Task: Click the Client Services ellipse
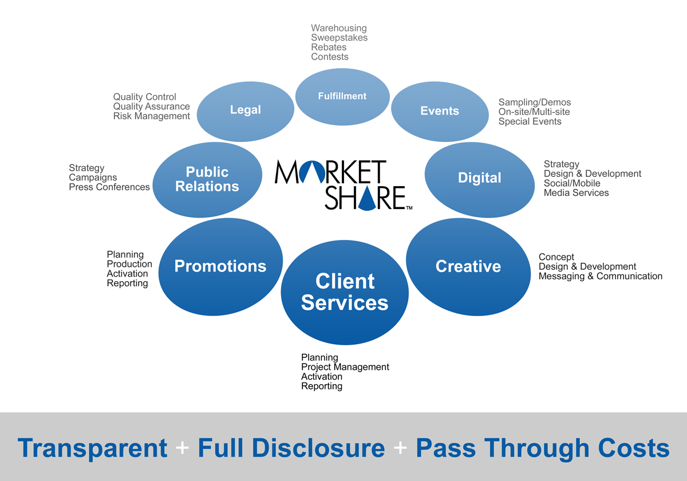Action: click(345, 292)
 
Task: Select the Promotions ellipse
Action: click(220, 266)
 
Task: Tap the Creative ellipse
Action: click(468, 266)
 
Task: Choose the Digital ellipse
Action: click(480, 179)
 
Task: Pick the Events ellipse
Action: click(440, 111)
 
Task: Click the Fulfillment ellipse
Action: click(342, 96)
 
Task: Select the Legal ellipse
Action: click(246, 110)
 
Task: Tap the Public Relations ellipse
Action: click(207, 179)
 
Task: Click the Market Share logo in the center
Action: click(340, 184)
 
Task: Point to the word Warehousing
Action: click(339, 28)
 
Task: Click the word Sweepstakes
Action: click(339, 38)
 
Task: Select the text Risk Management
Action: click(152, 116)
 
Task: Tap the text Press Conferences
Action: click(109, 187)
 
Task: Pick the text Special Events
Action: click(530, 121)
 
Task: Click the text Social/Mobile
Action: click(572, 183)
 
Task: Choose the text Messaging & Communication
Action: click(601, 276)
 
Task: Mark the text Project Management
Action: click(345, 367)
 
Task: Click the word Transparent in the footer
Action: click(93, 448)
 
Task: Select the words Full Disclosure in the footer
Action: click(291, 448)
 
